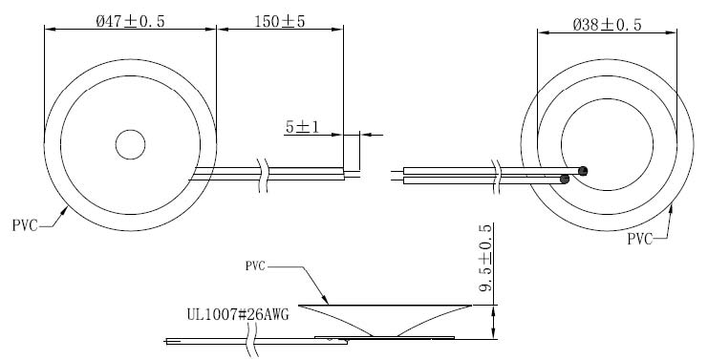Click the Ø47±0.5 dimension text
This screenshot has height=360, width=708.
tap(131, 22)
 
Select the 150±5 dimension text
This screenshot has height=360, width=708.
tap(280, 21)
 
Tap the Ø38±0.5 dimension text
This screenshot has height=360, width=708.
tap(608, 25)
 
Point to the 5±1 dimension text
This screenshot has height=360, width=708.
tap(302, 127)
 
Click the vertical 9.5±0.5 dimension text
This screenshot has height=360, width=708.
tap(485, 258)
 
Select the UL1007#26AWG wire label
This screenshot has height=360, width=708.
tap(238, 314)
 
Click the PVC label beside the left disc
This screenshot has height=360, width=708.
tap(25, 225)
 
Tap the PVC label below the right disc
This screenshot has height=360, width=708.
tap(640, 239)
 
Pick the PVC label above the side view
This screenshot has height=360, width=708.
tap(255, 266)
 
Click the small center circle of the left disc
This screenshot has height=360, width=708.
tap(130, 145)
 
